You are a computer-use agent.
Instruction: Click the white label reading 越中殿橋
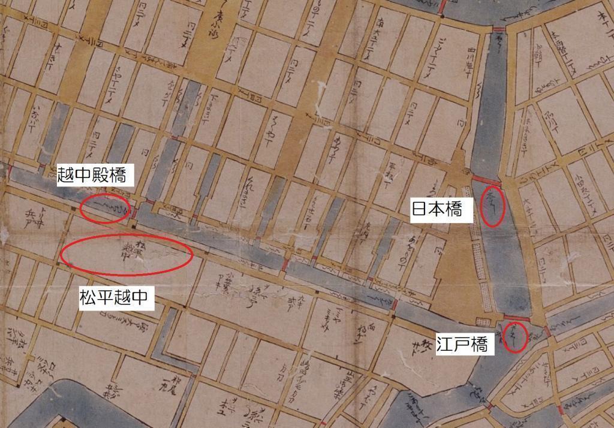point(92,175)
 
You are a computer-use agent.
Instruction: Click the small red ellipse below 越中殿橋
point(106,209)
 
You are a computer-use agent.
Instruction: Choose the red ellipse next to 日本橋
point(493,206)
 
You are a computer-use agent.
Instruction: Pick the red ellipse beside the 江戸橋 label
point(514,337)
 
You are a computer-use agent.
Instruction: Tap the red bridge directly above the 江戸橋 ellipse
point(515,318)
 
